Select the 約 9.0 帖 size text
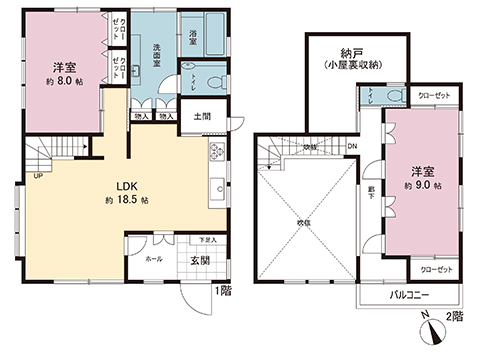click(x=422, y=185)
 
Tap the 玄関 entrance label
click(x=199, y=261)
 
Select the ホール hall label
click(x=154, y=258)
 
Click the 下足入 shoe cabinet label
click(x=206, y=241)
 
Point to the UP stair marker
click(x=38, y=177)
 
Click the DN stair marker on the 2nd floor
click(x=352, y=148)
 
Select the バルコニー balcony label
click(x=410, y=297)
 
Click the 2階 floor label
click(x=456, y=316)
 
